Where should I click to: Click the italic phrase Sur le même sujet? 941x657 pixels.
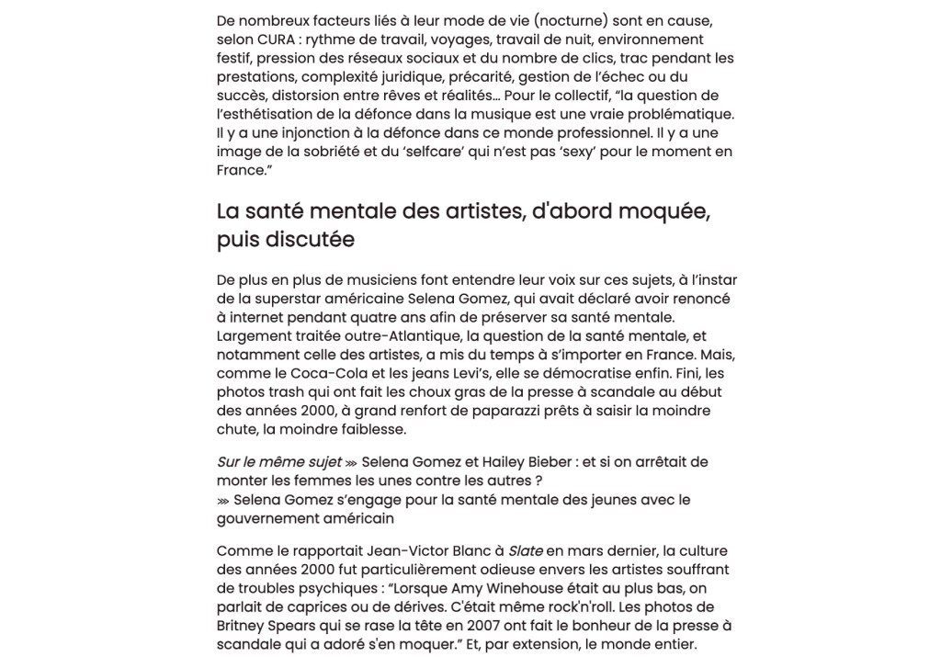(278, 462)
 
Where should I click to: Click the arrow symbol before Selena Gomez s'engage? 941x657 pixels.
(223, 500)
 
